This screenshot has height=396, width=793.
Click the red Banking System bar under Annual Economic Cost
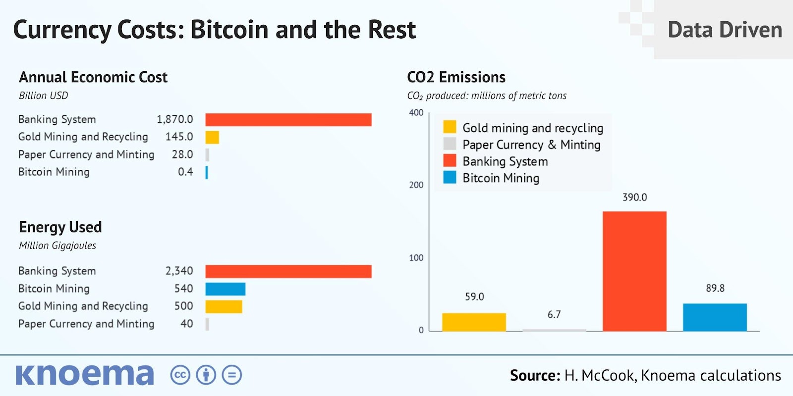(x=288, y=120)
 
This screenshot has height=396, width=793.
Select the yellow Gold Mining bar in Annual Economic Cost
(x=212, y=137)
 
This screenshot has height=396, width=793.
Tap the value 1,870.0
(x=174, y=119)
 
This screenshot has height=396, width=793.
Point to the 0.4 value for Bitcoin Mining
(x=185, y=172)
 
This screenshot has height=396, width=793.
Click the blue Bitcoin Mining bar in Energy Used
(x=225, y=289)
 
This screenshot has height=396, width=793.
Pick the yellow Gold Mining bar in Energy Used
(x=224, y=306)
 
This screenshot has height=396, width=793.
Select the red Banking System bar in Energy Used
(x=288, y=271)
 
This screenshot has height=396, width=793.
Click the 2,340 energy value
(x=179, y=271)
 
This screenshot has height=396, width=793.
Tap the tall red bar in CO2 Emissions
(x=634, y=271)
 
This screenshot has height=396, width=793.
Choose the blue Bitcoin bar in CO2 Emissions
(x=715, y=317)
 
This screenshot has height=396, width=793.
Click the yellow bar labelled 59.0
(x=474, y=322)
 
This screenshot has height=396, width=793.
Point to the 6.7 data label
(x=554, y=314)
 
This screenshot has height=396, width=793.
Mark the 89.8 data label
(x=715, y=288)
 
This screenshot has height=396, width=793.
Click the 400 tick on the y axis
(x=416, y=113)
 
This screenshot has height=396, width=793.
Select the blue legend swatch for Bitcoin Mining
(x=450, y=177)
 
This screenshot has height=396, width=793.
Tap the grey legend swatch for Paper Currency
(x=450, y=144)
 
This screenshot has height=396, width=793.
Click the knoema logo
(x=85, y=375)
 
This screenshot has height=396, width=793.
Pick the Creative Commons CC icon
(x=180, y=375)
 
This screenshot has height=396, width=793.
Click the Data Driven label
(x=725, y=30)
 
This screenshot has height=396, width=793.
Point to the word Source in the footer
(x=534, y=375)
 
